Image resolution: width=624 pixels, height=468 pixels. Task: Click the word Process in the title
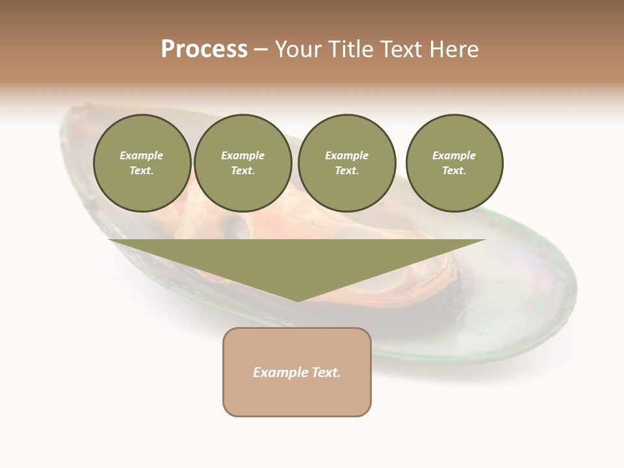(x=204, y=49)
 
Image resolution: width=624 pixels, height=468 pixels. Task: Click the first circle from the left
(x=142, y=163)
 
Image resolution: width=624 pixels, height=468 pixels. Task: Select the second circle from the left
(x=242, y=163)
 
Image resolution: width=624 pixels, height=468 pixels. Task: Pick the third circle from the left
(x=346, y=163)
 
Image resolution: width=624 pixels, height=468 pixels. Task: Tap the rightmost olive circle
(x=454, y=163)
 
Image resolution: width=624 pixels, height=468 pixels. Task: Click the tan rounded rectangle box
(x=296, y=372)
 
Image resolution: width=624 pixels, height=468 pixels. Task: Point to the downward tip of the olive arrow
(x=298, y=300)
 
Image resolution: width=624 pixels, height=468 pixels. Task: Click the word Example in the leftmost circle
(x=142, y=155)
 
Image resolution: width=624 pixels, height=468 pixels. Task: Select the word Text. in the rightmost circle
(x=454, y=171)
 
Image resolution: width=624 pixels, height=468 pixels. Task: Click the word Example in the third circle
(x=346, y=155)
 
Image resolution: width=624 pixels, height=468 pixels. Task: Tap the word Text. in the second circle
(x=242, y=171)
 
